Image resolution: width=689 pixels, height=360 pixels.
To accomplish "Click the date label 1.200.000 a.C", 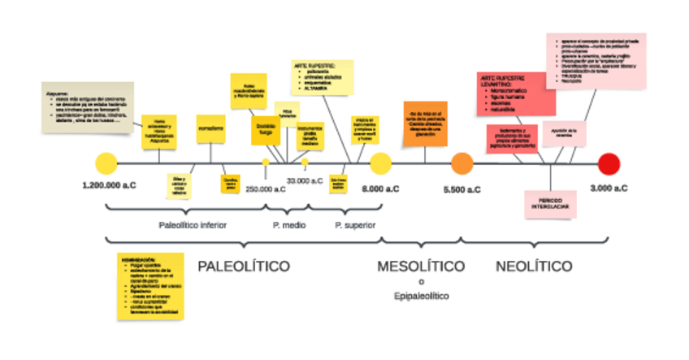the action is [x=109, y=187].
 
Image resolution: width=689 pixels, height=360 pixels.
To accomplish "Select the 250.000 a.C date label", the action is [x=266, y=189].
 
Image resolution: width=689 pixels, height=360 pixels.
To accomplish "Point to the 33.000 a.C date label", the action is [x=305, y=180].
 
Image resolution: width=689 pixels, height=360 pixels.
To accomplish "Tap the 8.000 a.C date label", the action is [x=380, y=189].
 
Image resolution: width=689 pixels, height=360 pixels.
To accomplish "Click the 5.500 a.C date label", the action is [x=461, y=189].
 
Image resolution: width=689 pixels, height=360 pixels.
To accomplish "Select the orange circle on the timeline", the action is [x=461, y=163].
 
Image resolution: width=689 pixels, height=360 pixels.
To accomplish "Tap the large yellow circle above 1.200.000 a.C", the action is [x=106, y=163].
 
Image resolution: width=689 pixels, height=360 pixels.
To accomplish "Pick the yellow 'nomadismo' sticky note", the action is [x=211, y=129].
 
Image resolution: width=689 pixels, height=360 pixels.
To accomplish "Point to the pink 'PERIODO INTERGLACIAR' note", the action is [x=550, y=203].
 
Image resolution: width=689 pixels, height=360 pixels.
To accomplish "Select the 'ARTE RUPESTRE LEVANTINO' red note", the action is [x=516, y=93].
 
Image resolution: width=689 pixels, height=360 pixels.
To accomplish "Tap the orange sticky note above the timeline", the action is [x=425, y=124].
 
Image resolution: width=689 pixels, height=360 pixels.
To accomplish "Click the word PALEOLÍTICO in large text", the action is [x=244, y=266].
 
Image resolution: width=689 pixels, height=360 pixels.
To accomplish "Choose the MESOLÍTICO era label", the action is [x=421, y=266].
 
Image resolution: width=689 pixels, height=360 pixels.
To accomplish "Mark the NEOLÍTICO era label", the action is [x=533, y=266].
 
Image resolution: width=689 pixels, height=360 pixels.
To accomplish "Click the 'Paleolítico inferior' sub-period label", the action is [x=193, y=224].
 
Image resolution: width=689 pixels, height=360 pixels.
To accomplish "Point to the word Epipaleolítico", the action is [x=421, y=297].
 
